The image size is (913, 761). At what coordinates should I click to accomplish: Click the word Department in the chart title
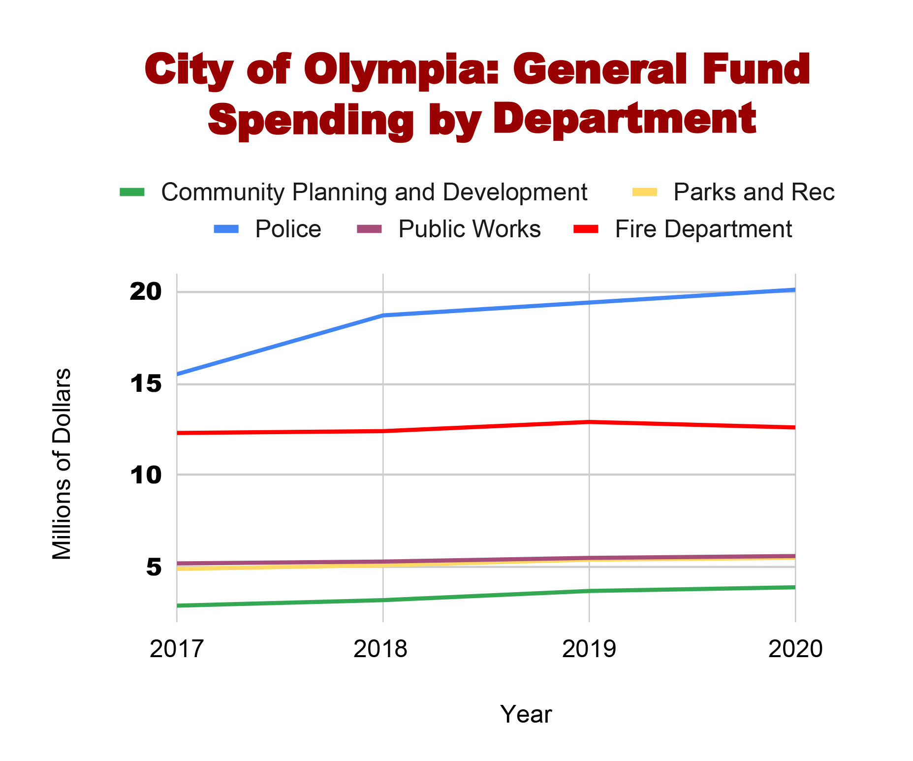(624, 120)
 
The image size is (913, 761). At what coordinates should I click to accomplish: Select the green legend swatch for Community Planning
(132, 192)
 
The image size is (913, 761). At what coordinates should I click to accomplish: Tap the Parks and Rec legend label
(754, 192)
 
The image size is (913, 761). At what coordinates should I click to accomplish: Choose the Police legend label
(288, 229)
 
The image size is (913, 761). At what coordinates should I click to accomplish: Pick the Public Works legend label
(469, 229)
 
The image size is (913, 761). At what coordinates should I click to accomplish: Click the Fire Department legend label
(703, 229)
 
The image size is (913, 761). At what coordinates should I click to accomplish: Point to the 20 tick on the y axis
(145, 292)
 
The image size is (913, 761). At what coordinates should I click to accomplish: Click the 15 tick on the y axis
(145, 384)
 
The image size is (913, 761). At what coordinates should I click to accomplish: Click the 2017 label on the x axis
(177, 649)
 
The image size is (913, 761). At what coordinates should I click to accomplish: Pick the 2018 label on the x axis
(380, 649)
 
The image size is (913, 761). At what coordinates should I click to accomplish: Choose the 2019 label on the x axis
(589, 649)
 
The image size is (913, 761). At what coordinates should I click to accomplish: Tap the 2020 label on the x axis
(795, 649)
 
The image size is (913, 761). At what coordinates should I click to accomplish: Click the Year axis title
(526, 714)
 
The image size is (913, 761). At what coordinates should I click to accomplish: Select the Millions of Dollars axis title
(62, 464)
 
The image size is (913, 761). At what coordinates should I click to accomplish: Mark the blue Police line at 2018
(383, 315)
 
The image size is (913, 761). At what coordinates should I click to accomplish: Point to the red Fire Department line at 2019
(589, 422)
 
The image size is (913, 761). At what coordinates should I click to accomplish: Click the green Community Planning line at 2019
(589, 591)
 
